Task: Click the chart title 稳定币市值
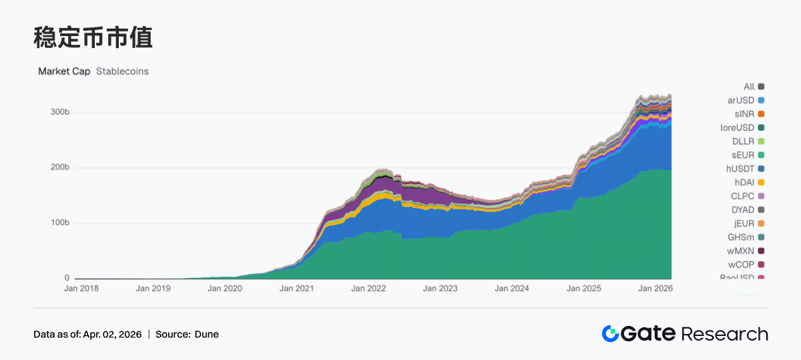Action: [x=93, y=38]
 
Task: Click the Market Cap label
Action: [x=64, y=71]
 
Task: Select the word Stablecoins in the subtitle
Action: [x=122, y=71]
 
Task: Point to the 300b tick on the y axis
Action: [x=60, y=112]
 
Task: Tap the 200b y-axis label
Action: [x=60, y=167]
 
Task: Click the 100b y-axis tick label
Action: [x=60, y=222]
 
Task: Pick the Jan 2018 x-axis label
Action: [x=81, y=289]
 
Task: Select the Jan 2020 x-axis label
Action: [x=225, y=289]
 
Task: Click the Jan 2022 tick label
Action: [x=368, y=289]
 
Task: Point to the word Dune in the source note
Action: [x=206, y=334]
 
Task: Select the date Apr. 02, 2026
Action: [x=111, y=334]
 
